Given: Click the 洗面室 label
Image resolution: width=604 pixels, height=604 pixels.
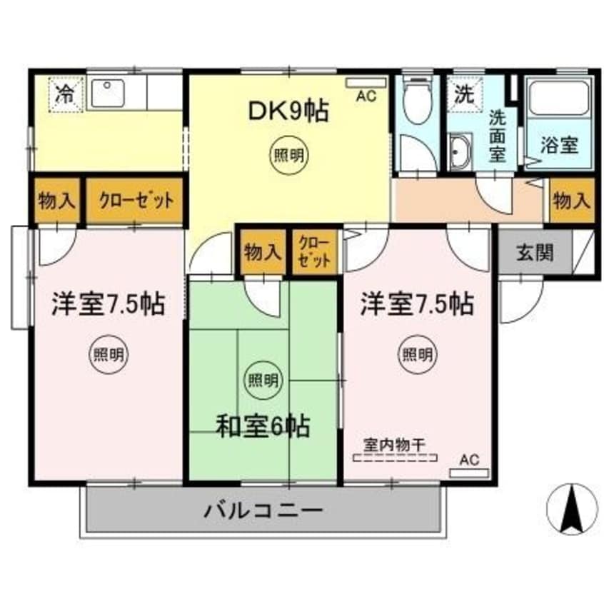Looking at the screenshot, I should click(x=498, y=136).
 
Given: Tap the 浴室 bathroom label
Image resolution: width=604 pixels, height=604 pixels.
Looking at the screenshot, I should click(x=559, y=146).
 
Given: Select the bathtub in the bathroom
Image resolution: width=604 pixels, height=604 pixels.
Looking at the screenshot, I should click(x=559, y=100).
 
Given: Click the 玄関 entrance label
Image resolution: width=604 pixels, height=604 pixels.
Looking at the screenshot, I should click(x=533, y=253).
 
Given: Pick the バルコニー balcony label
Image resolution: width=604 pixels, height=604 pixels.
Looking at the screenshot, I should click(x=265, y=511).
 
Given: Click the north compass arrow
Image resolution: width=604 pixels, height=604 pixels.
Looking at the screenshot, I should click(x=571, y=509).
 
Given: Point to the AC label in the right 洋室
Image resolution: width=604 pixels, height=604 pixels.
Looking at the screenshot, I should click(x=469, y=460).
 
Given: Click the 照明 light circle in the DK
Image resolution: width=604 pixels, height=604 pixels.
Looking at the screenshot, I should click(x=288, y=156).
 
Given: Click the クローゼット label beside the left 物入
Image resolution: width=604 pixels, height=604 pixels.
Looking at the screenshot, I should click(x=135, y=200).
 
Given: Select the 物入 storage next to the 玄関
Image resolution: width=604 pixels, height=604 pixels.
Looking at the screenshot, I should click(x=572, y=201).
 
